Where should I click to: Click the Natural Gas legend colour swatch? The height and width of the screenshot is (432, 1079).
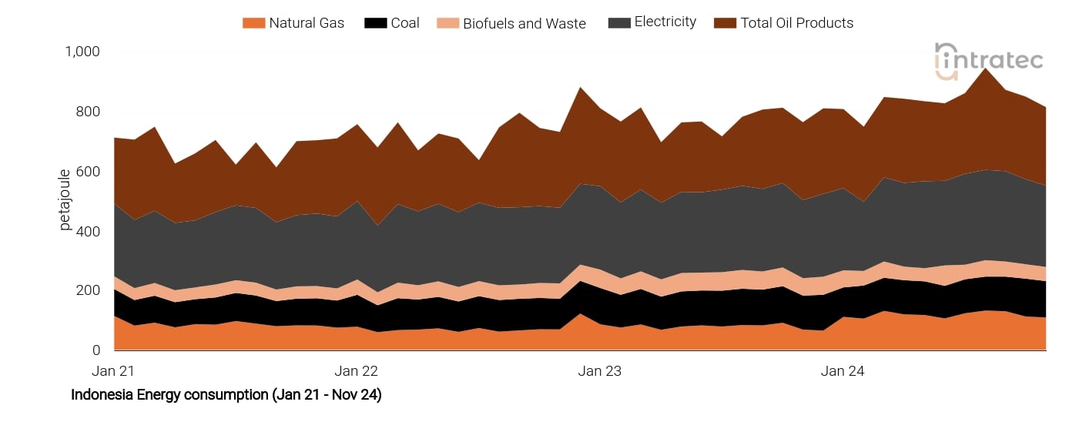tap(253, 23)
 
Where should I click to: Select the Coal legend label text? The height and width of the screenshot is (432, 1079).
tap(404, 23)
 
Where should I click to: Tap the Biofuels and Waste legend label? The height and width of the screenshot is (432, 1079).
tap(524, 23)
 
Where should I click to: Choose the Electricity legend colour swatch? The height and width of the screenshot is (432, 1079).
tap(618, 23)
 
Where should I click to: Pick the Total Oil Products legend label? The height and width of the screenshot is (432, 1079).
tap(796, 23)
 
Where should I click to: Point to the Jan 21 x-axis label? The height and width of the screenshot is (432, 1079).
tap(113, 371)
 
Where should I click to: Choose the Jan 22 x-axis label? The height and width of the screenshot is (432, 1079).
tap(357, 371)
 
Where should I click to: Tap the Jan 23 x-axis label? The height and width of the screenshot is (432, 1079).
tap(599, 371)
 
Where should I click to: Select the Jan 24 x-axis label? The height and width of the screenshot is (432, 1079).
tap(843, 371)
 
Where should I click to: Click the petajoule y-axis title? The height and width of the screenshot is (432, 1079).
tap(65, 199)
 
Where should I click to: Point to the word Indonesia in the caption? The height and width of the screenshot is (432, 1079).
tap(99, 395)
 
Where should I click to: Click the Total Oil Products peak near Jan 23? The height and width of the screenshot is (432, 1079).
tap(580, 88)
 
